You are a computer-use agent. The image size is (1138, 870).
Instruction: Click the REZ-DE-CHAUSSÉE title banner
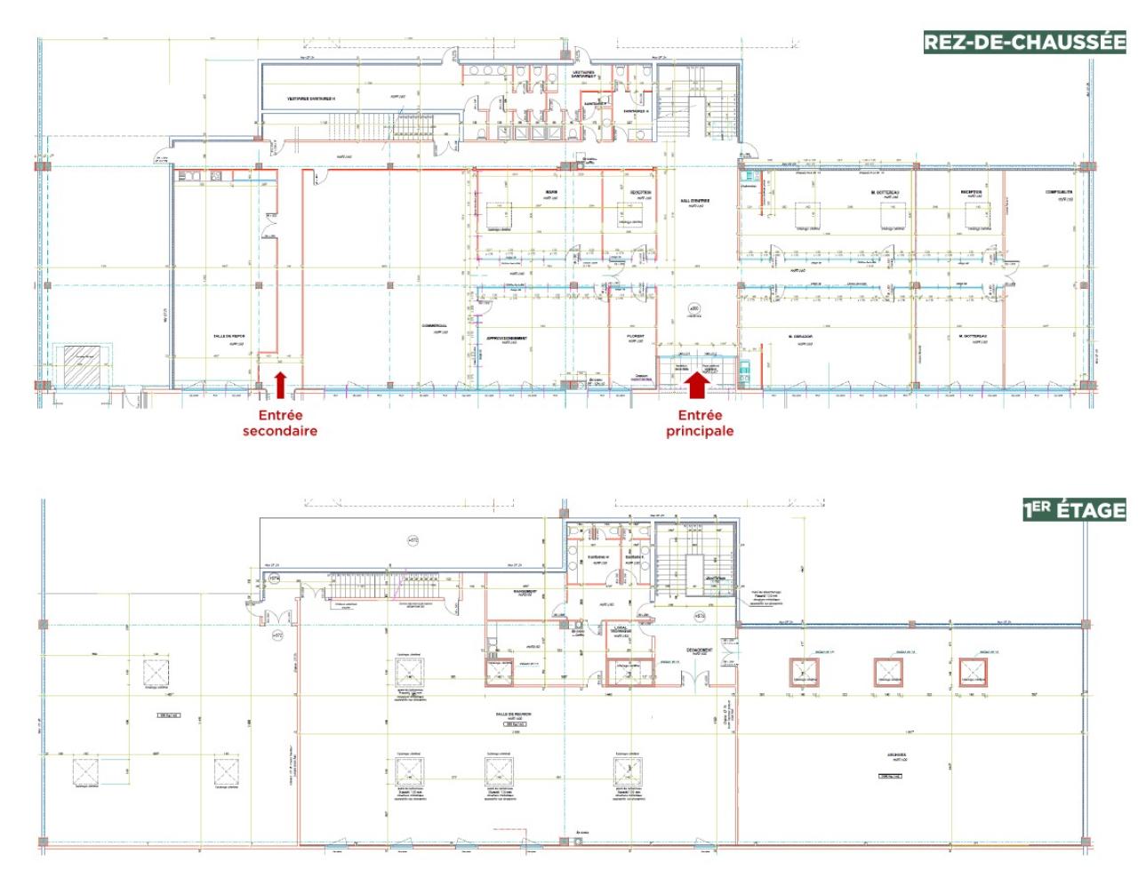click(x=1024, y=42)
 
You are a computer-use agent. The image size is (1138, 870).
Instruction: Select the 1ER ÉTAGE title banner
click(x=1074, y=510)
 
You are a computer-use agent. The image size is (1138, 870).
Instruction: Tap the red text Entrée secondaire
click(x=280, y=423)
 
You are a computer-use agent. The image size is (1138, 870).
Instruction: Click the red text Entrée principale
click(x=700, y=423)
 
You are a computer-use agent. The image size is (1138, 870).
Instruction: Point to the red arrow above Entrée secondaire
click(x=281, y=385)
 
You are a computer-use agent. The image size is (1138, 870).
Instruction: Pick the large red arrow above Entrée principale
click(x=699, y=383)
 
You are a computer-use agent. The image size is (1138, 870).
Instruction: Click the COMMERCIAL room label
click(x=435, y=325)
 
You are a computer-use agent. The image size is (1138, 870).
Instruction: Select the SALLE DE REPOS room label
click(x=228, y=336)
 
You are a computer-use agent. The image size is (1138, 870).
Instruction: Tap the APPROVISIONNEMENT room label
click(x=507, y=338)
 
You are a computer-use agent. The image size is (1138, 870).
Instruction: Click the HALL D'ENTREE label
click(x=694, y=201)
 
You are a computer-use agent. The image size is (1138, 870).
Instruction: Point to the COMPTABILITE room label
click(x=1059, y=192)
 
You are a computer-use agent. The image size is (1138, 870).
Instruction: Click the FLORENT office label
click(x=636, y=337)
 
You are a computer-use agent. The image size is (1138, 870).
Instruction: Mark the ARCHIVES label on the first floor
click(x=896, y=755)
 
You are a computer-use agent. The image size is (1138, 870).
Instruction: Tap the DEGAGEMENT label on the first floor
click(x=699, y=651)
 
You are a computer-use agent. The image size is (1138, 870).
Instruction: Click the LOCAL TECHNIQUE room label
click(x=621, y=630)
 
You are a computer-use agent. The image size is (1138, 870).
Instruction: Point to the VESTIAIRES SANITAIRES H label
click(x=310, y=98)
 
